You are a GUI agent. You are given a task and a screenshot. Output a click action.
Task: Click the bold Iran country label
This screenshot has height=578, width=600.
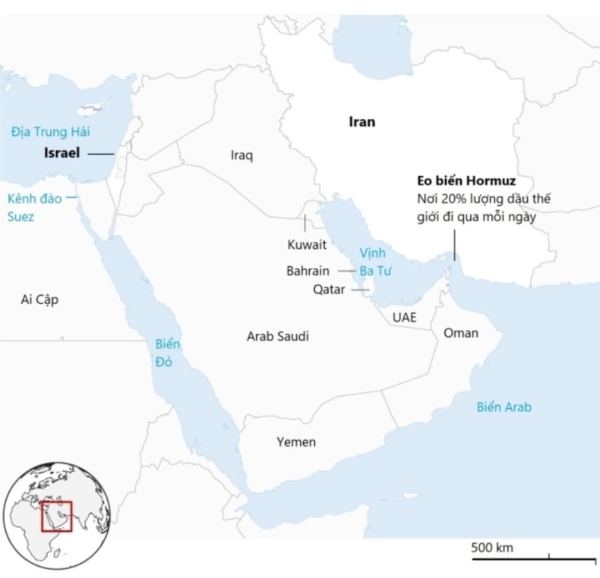pos(362,122)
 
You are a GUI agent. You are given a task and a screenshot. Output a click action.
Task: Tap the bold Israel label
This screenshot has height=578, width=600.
pos(61,152)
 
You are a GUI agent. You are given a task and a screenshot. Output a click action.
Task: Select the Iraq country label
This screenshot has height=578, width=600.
pos(241,156)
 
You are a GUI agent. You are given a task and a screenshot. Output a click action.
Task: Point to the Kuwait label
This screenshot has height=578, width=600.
pos(306,244)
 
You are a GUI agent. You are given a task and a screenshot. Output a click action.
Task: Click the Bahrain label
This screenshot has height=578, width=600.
pos(308,271)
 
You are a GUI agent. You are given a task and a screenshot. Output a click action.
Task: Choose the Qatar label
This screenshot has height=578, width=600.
pos(328,290)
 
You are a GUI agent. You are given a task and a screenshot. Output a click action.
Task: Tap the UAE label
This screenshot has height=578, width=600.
pos(404,317)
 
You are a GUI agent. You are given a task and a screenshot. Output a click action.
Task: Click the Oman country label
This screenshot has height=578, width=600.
pos(461,333)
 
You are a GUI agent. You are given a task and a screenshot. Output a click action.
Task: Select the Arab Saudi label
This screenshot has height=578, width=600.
pos(278,337)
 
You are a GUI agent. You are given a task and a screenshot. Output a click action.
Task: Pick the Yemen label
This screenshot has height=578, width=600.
pos(296,442)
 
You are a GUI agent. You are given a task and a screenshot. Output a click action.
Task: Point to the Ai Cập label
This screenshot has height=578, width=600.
pos(39,299)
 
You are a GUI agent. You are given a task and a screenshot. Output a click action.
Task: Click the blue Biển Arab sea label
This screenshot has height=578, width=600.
pos(504,407)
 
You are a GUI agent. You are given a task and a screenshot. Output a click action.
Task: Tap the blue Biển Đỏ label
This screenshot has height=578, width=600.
pos(163,352)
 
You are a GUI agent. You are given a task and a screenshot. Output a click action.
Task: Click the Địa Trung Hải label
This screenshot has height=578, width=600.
pos(50,131)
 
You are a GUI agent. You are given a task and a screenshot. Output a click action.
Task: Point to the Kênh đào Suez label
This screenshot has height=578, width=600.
pos(34,208)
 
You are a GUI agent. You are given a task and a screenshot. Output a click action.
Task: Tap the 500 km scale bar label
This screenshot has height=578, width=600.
pos(492,548)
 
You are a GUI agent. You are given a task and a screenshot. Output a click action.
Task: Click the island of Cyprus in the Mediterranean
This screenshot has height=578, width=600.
pos(94,110)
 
